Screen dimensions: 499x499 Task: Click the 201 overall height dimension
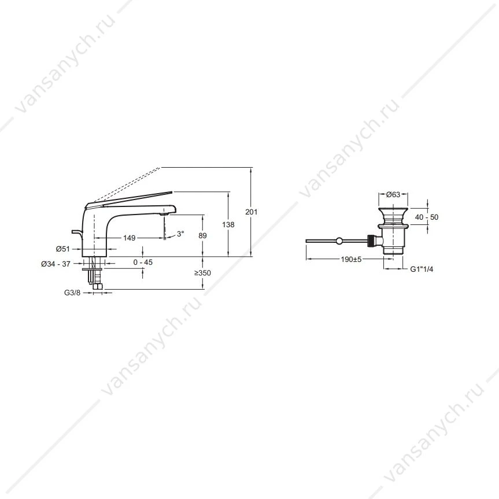[x=251, y=212]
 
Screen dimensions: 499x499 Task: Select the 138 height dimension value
[x=228, y=225]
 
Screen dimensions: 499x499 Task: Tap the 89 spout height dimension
[x=202, y=235]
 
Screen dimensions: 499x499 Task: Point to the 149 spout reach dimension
[x=129, y=238]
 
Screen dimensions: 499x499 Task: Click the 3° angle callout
[x=180, y=234]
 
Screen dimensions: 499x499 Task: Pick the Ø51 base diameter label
[x=62, y=249]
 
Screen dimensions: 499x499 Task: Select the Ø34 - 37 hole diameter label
[x=56, y=264]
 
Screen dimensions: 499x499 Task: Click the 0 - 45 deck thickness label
[x=143, y=263]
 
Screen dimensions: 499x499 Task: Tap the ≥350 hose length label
[x=202, y=273]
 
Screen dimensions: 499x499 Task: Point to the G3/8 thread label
[x=72, y=293]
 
